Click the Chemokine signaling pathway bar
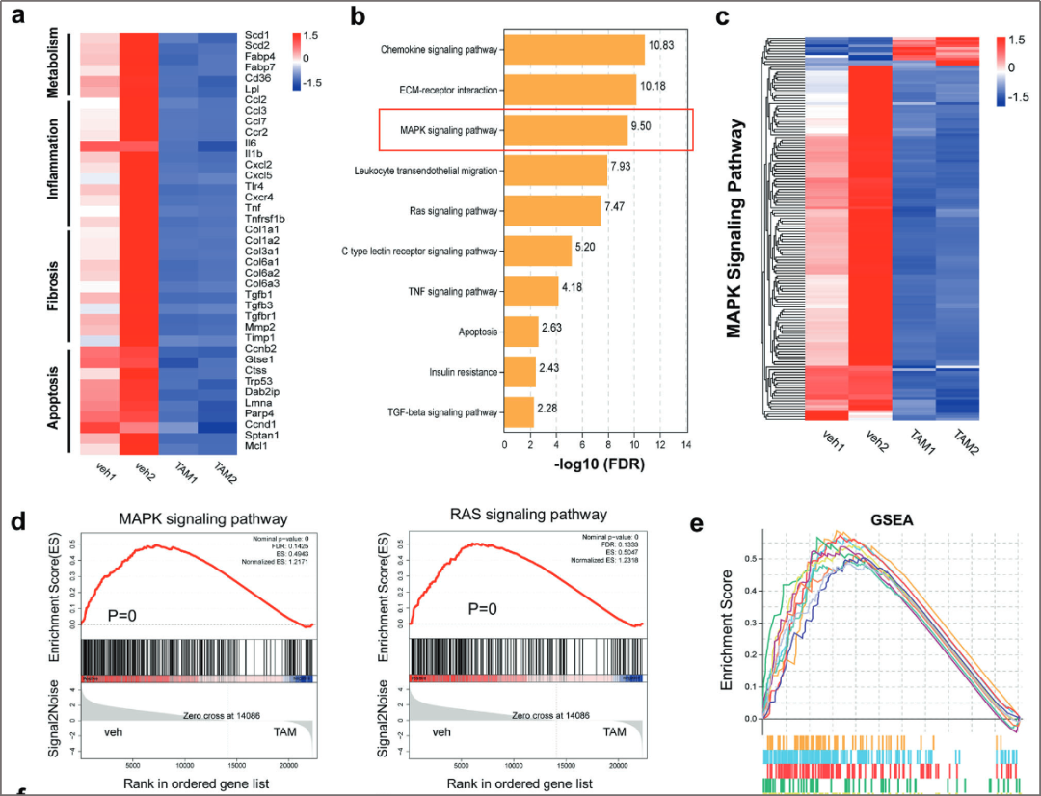pos(574,50)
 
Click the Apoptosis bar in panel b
pos(521,332)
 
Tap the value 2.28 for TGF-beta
pos(549,412)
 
